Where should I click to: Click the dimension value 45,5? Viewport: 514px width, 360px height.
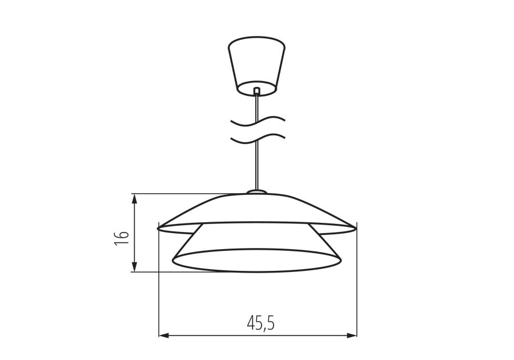(260, 323)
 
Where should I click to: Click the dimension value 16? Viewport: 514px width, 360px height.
(121, 238)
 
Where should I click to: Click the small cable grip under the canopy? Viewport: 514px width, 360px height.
(256, 90)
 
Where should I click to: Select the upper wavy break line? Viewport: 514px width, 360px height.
(256, 121)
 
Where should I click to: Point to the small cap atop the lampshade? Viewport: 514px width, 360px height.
(256, 192)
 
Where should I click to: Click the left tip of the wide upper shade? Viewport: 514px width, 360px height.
(159, 228)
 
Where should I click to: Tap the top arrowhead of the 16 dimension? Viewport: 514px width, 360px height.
(134, 198)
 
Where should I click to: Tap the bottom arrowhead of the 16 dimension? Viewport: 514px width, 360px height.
(134, 267)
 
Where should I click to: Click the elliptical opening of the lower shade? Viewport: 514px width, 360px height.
(256, 261)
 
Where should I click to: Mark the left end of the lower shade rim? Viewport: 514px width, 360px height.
(173, 261)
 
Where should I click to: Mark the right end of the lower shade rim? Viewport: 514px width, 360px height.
(341, 261)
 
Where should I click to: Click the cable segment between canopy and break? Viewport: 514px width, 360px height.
(256, 106)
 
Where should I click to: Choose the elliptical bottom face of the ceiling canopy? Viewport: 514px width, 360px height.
(256, 87)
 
